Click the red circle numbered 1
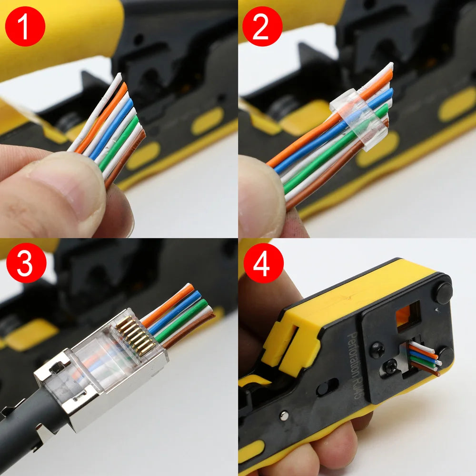(25, 26)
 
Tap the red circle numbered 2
(262, 26)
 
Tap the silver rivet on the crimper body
(284, 416)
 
